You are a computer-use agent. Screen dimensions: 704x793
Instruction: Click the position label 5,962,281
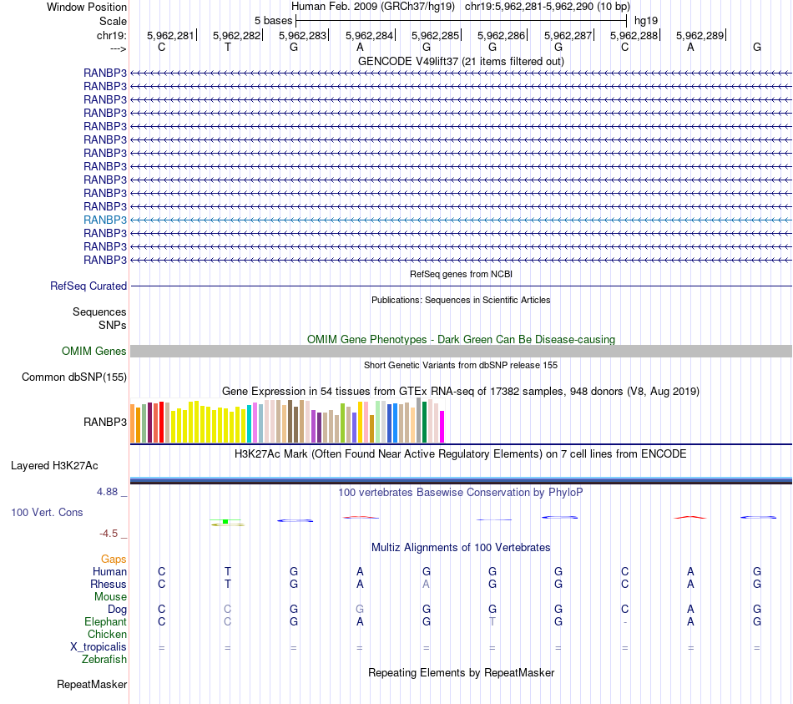pyautogui.click(x=170, y=36)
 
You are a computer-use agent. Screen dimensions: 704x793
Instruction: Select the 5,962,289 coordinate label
pyautogui.click(x=700, y=36)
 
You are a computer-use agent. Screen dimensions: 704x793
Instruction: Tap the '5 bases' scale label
pyautogui.click(x=273, y=20)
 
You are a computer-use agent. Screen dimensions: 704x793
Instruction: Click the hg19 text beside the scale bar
pyautogui.click(x=645, y=20)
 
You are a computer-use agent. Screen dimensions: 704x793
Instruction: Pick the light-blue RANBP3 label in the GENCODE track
pyautogui.click(x=105, y=220)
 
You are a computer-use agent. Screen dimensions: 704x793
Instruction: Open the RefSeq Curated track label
pyautogui.click(x=88, y=286)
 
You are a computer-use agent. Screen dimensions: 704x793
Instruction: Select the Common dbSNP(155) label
pyautogui.click(x=74, y=377)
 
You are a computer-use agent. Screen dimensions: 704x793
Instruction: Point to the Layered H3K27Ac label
pyautogui.click(x=54, y=465)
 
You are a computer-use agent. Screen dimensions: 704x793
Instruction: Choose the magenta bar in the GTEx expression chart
pyautogui.click(x=442, y=426)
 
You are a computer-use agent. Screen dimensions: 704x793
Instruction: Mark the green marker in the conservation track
pyautogui.click(x=225, y=522)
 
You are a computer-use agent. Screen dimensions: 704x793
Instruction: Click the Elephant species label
pyautogui.click(x=105, y=622)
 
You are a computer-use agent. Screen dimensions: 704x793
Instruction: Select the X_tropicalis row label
pyautogui.click(x=98, y=647)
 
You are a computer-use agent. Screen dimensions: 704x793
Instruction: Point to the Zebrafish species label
pyautogui.click(x=104, y=660)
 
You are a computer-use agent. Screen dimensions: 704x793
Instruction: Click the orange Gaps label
pyautogui.click(x=114, y=559)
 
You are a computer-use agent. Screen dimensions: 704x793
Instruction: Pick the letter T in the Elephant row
pyautogui.click(x=492, y=622)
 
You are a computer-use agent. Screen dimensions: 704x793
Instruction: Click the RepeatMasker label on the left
pyautogui.click(x=92, y=685)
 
